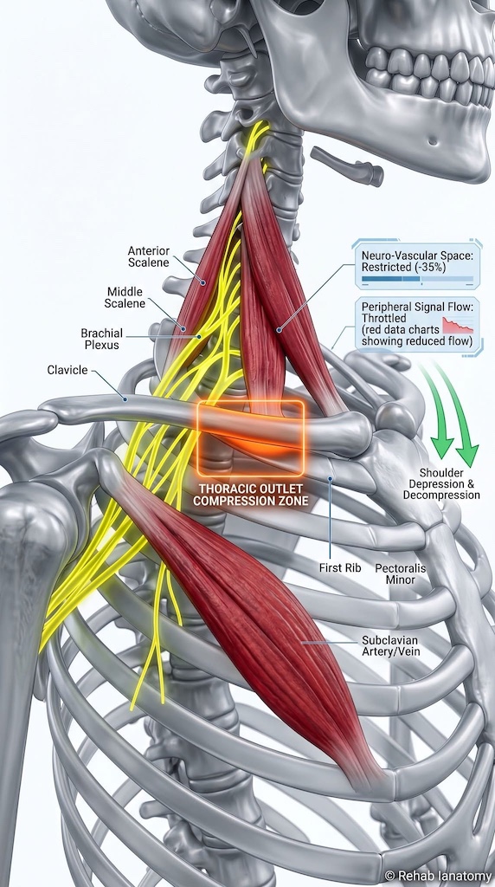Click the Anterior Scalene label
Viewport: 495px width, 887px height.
(x=148, y=256)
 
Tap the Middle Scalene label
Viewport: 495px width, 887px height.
(x=125, y=298)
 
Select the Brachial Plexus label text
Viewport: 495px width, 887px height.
(x=102, y=339)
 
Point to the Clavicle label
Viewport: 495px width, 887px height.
(x=67, y=370)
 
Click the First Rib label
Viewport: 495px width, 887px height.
(x=339, y=567)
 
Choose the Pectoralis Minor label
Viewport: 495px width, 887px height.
(x=400, y=573)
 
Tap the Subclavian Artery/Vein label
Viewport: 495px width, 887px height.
(x=390, y=646)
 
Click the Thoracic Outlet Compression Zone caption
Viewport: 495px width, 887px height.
(x=251, y=495)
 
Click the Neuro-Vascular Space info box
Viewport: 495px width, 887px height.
(x=417, y=264)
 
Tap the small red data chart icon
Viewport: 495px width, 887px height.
(x=458, y=325)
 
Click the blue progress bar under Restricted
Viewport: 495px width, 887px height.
(x=418, y=279)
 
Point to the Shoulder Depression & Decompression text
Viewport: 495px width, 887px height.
(x=441, y=483)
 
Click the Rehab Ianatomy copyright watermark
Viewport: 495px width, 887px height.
(x=438, y=877)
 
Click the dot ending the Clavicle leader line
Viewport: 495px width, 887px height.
(x=126, y=398)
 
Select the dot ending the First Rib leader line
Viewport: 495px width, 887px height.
(x=330, y=478)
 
